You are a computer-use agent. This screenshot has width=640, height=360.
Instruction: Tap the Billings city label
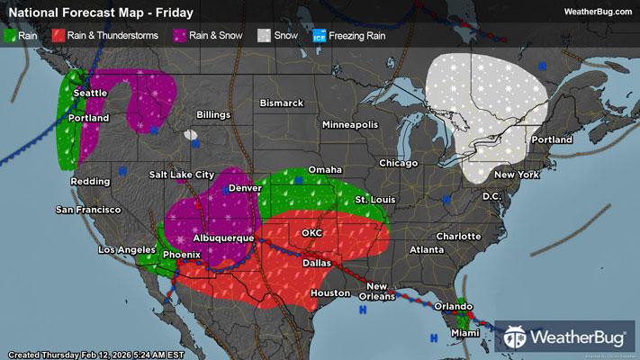(x=213, y=115)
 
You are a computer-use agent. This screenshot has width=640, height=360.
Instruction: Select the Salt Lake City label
(x=182, y=175)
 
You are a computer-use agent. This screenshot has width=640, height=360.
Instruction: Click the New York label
(x=516, y=174)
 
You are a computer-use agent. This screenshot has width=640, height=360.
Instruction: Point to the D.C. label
(x=491, y=195)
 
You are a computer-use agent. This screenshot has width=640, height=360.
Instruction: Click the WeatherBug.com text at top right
(x=597, y=11)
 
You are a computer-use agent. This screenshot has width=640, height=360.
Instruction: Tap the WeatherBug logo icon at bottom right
(x=516, y=337)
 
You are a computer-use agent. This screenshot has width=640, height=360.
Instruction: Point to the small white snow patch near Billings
(x=191, y=135)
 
